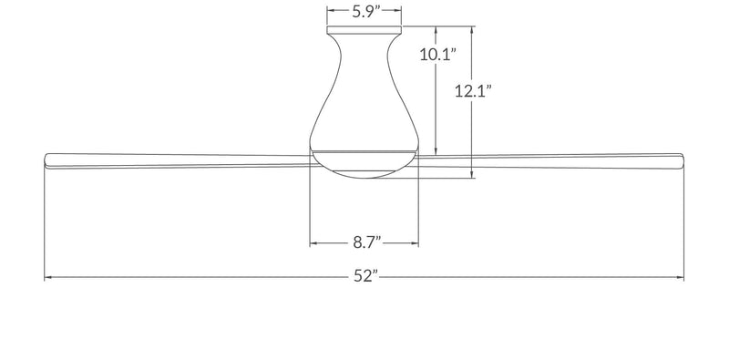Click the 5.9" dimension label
pyautogui.click(x=364, y=12)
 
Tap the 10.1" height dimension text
pyautogui.click(x=437, y=55)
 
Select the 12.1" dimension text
pyautogui.click(x=474, y=91)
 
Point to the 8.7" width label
pyautogui.click(x=364, y=243)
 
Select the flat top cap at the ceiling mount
pyautogui.click(x=364, y=29)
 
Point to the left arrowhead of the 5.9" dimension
pyautogui.click(x=330, y=12)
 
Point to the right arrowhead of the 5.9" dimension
pyautogui.click(x=399, y=12)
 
